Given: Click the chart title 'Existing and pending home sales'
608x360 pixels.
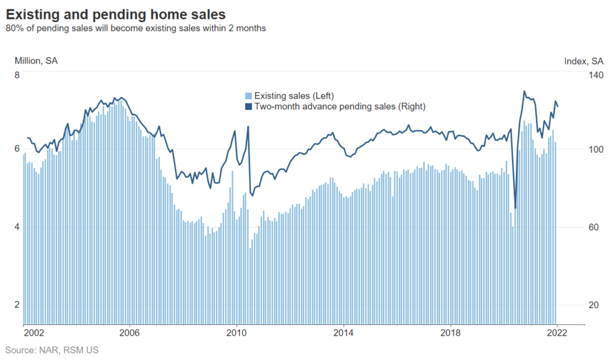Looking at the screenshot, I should point(116,13).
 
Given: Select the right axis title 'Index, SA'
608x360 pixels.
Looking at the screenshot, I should point(584,61).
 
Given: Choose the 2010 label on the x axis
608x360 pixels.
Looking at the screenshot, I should point(237,333).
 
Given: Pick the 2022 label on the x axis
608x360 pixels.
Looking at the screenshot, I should point(557,333).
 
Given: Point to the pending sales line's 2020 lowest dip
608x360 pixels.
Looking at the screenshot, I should point(515,208).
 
